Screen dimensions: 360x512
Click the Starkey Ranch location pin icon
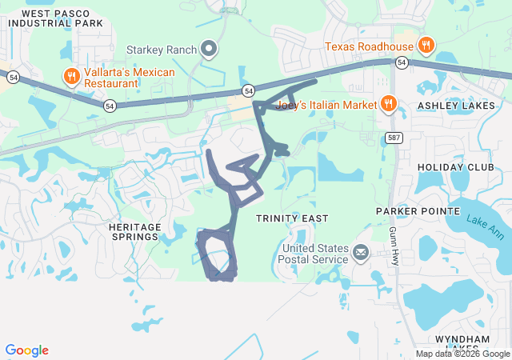(x=210, y=50)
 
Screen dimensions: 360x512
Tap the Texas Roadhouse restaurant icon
(x=426, y=46)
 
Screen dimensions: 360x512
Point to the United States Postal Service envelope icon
(x=361, y=254)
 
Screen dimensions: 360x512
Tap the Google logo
(x=26, y=350)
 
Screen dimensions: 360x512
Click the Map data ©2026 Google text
(x=462, y=354)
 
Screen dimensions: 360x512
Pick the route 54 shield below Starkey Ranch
(x=249, y=90)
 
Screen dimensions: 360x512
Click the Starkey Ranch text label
(x=162, y=50)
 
